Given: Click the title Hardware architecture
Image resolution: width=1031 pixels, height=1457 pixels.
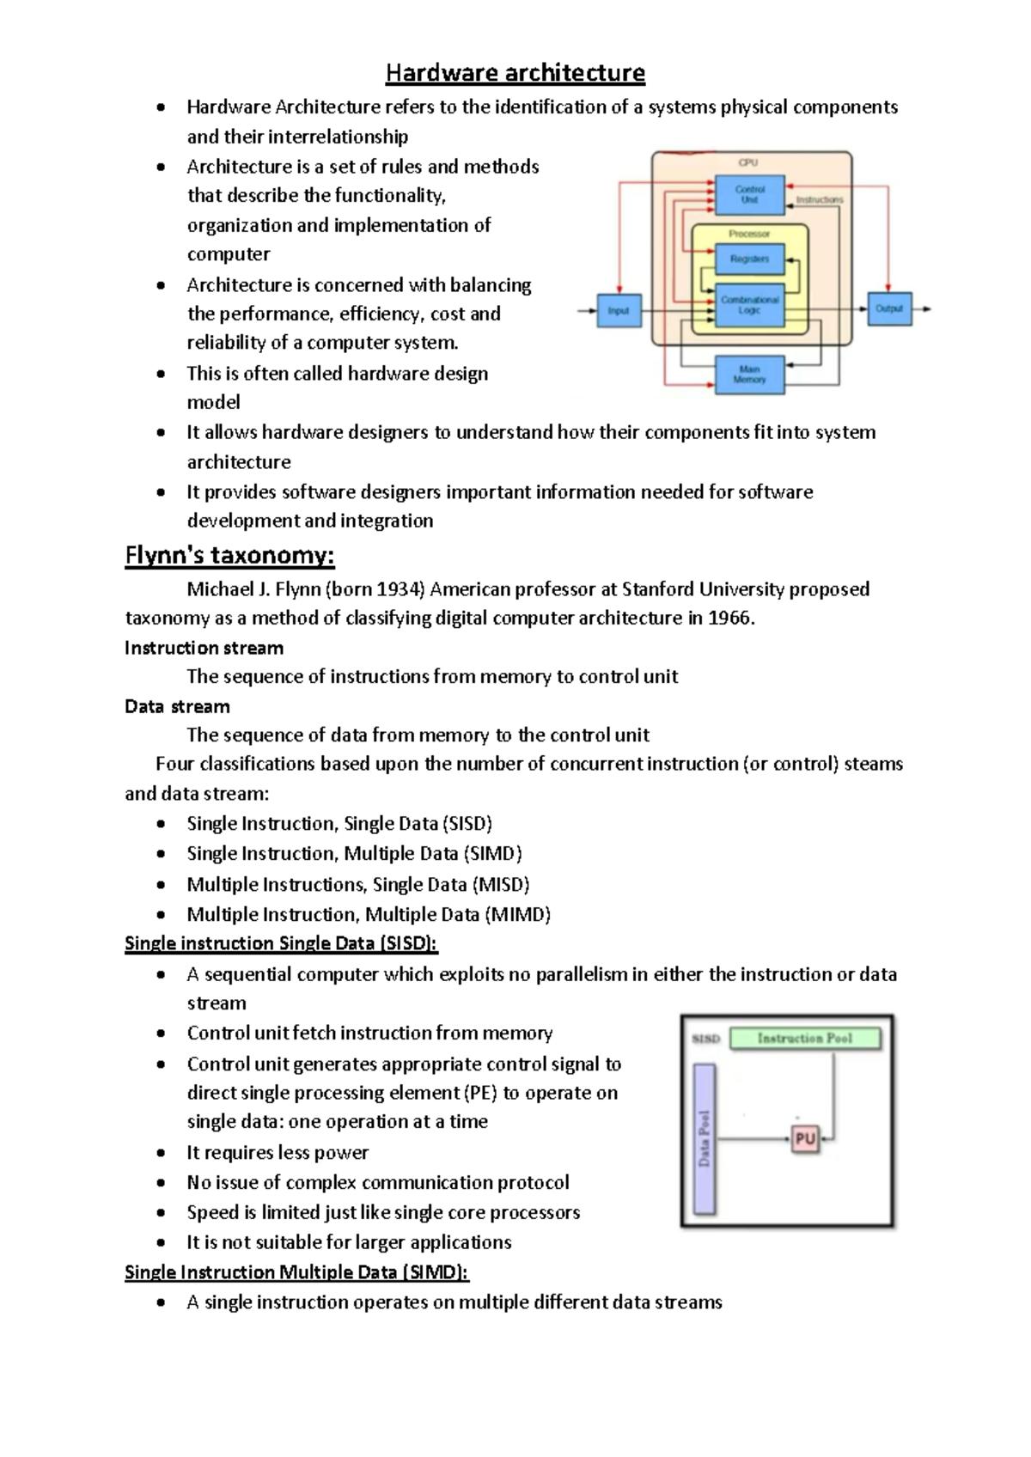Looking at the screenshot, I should [515, 73].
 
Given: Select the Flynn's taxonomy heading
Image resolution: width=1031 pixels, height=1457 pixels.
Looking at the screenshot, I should [229, 556].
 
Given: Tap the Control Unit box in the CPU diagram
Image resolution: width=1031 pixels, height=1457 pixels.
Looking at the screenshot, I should [749, 194].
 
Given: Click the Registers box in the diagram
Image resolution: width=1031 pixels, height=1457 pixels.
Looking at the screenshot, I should [749, 259].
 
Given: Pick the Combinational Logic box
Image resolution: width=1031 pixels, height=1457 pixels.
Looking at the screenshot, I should [749, 305].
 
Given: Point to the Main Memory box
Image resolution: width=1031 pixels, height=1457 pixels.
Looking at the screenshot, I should [749, 375].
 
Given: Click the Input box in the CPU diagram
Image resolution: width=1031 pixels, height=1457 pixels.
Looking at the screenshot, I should [619, 310].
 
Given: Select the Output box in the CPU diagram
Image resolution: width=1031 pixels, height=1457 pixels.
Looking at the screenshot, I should [889, 308].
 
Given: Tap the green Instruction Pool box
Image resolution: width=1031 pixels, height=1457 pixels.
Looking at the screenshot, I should [805, 1039].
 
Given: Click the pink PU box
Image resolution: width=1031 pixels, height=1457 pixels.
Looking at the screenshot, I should [805, 1139].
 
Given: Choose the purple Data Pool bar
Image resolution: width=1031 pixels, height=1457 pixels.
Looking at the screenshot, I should [705, 1139].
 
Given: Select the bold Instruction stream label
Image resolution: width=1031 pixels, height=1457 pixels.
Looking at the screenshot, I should [204, 648].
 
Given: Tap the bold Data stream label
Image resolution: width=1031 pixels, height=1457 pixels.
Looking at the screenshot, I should [177, 706].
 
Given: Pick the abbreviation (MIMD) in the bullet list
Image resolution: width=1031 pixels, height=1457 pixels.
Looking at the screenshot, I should [518, 914].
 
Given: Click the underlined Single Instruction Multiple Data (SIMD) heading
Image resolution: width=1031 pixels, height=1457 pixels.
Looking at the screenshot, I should [296, 1272].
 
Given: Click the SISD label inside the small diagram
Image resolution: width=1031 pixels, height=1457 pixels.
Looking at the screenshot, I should [705, 1039].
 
